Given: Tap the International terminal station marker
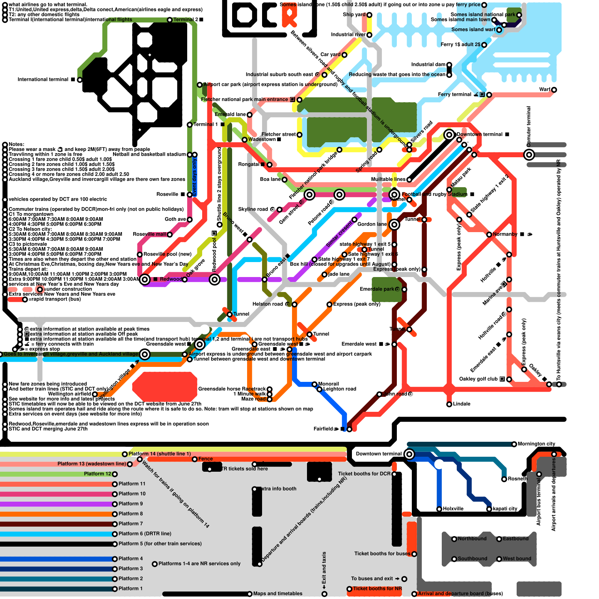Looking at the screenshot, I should (79, 80).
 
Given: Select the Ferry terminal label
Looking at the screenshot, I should (454, 94).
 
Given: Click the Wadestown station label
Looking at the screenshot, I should (262, 139).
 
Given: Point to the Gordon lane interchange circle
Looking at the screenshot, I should (394, 225).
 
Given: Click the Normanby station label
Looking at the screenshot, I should (505, 234).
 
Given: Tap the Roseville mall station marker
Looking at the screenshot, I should (170, 235).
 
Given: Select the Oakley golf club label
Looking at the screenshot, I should (478, 379).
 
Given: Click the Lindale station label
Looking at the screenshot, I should (462, 404).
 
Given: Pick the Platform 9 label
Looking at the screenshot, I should (130, 504).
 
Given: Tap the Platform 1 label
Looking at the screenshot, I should (130, 589).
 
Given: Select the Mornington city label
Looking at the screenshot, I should (536, 444).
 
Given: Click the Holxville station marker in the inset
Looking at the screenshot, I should (439, 509).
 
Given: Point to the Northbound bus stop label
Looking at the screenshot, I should (472, 539).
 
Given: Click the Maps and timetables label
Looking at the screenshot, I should (277, 593).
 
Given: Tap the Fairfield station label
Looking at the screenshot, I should (323, 429).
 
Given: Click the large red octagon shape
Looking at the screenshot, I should (165, 387).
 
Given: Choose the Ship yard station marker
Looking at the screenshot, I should (369, 15).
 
